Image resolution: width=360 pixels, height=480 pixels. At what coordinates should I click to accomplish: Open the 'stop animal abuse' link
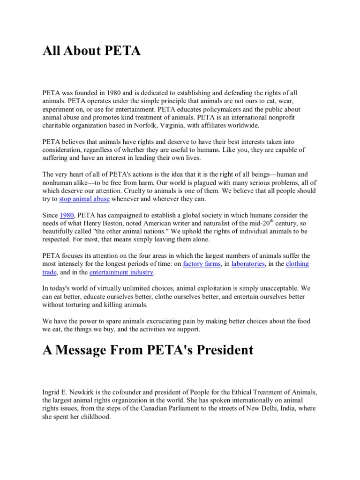pos(84,199)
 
